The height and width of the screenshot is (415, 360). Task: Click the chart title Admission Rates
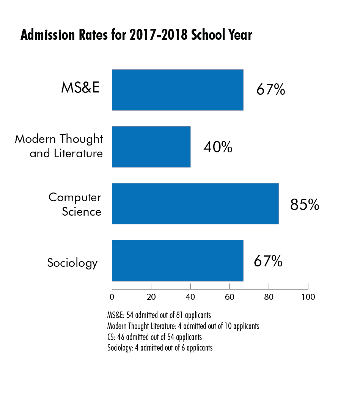pos(136,35)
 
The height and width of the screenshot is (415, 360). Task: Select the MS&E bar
pos(178,90)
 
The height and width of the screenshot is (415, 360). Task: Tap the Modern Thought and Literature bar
pos(151,147)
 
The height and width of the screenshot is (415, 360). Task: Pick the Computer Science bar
pos(195,204)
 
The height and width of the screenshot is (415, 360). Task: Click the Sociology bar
pos(178,261)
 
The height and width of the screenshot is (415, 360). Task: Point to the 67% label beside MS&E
pos(270,90)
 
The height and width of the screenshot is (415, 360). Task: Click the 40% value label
pos(218,147)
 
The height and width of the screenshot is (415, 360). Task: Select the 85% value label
pos(305,204)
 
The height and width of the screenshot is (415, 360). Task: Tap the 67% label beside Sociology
pos(268,261)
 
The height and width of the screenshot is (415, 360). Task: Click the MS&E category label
pos(80,88)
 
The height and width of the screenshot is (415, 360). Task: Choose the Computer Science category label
pos(75,204)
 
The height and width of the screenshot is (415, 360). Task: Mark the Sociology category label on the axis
pos(72,263)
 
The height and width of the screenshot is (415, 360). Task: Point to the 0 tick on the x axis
pos(112,297)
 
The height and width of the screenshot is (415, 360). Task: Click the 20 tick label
pos(151,297)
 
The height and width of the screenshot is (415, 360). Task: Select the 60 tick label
pos(229,297)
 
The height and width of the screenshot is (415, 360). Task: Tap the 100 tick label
pos(308,297)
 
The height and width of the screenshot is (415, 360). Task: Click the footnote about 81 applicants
pos(159,315)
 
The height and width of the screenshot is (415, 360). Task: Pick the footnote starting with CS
pos(154,337)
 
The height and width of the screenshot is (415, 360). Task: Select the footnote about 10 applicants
pos(183,326)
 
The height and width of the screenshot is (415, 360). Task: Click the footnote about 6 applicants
pos(160,348)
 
